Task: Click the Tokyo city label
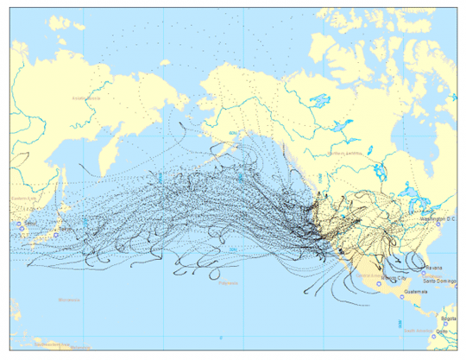coord(66,229)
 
